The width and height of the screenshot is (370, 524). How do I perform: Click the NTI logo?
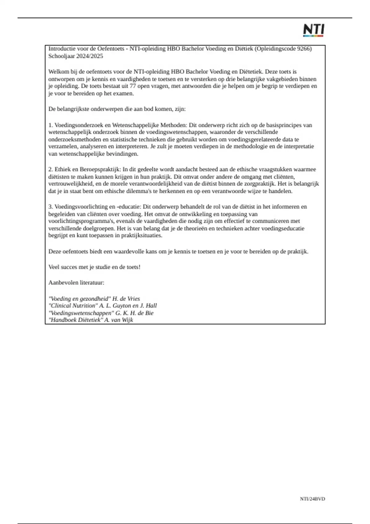coord(313,30)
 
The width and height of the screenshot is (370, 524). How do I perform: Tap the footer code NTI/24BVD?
coord(312,498)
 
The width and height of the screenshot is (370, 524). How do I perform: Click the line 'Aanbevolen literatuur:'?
coord(76,282)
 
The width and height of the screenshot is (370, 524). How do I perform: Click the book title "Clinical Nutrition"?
coord(73,306)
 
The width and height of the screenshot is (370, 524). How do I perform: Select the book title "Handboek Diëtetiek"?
coord(76,320)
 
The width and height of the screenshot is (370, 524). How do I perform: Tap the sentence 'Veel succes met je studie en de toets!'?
coord(94,267)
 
